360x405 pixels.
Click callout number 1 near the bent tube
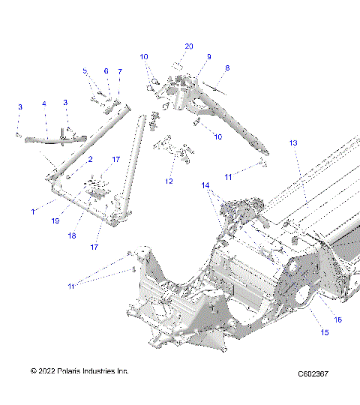(34, 211)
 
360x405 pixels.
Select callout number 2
(90, 159)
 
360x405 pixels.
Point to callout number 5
(85, 71)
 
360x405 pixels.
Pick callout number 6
(106, 71)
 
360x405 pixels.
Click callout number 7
(119, 71)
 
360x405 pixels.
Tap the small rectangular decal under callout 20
(178, 65)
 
